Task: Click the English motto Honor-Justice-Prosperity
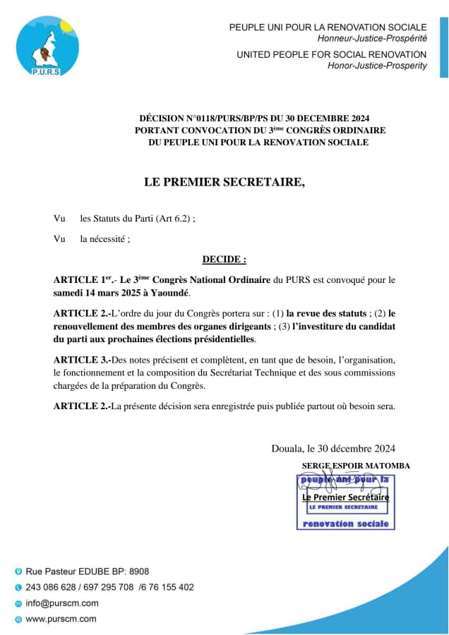pyautogui.click(x=377, y=66)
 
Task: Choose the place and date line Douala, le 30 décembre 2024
pyautogui.click(x=333, y=448)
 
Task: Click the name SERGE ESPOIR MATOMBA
pyautogui.click(x=355, y=466)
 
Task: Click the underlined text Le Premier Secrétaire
pyautogui.click(x=345, y=497)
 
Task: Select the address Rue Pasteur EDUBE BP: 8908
pyautogui.click(x=87, y=571)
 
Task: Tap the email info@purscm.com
pyautogui.click(x=62, y=603)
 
